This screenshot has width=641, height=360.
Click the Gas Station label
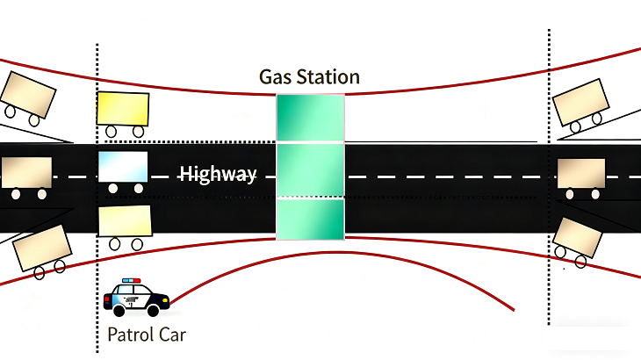click(309, 77)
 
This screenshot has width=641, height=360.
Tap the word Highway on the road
click(218, 174)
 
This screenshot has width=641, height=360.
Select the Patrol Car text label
click(147, 335)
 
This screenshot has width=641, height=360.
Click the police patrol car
click(137, 298)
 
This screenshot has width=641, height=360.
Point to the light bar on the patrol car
click(131, 282)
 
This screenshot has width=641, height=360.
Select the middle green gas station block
click(310, 170)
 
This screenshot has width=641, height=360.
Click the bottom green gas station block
click(310, 220)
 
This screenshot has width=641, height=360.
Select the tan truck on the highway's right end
click(581, 175)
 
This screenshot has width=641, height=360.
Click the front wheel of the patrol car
click(155, 310)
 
